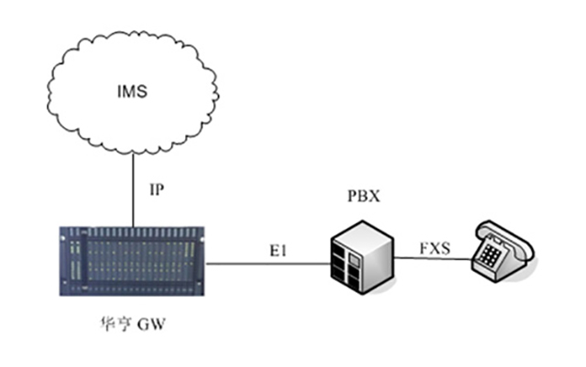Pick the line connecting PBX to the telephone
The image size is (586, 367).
(430, 259)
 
